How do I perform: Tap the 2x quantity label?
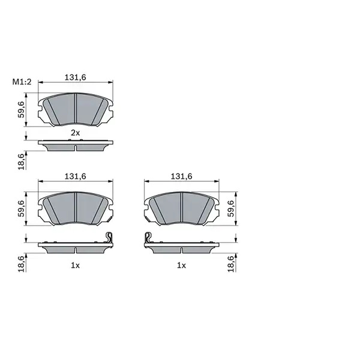(x=75, y=132)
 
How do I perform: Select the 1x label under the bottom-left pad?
(x=75, y=265)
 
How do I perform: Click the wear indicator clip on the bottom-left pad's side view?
(x=109, y=238)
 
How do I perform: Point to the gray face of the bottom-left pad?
(x=74, y=209)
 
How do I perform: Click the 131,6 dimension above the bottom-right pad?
(x=182, y=176)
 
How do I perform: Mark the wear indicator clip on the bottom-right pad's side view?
(x=148, y=238)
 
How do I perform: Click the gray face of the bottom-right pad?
(x=182, y=209)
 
